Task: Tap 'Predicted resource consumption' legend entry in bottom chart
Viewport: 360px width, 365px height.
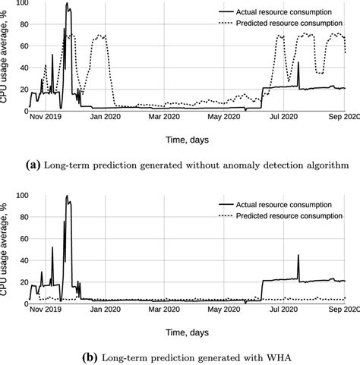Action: coord(294,216)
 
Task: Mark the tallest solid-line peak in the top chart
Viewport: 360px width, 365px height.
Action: coord(67,5)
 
